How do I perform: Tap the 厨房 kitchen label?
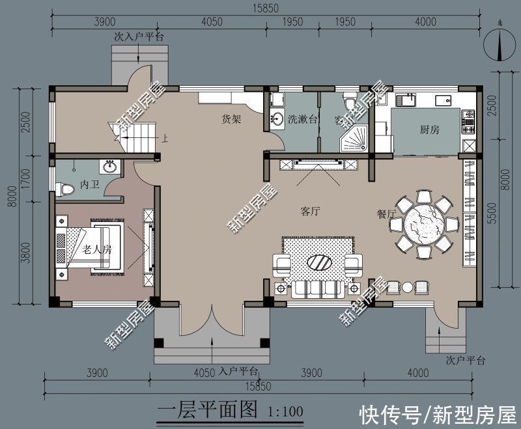pyautogui.click(x=429, y=130)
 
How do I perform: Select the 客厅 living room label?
pyautogui.click(x=313, y=211)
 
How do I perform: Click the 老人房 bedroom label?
pyautogui.click(x=98, y=249)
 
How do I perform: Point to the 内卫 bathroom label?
pyautogui.click(x=89, y=185)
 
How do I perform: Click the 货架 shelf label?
pyautogui.click(x=232, y=119)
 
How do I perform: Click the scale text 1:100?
pyautogui.click(x=286, y=411)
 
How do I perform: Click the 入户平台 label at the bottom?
pyautogui.click(x=238, y=372)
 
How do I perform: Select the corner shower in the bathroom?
pyautogui.click(x=355, y=139)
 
